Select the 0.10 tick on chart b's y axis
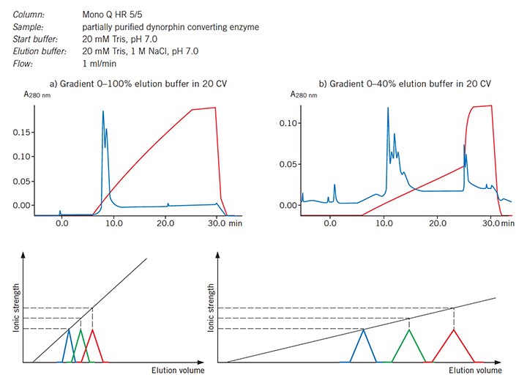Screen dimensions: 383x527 coord(293,123)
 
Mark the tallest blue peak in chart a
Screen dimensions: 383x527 coord(102,112)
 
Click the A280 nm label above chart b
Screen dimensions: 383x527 coord(304,93)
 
